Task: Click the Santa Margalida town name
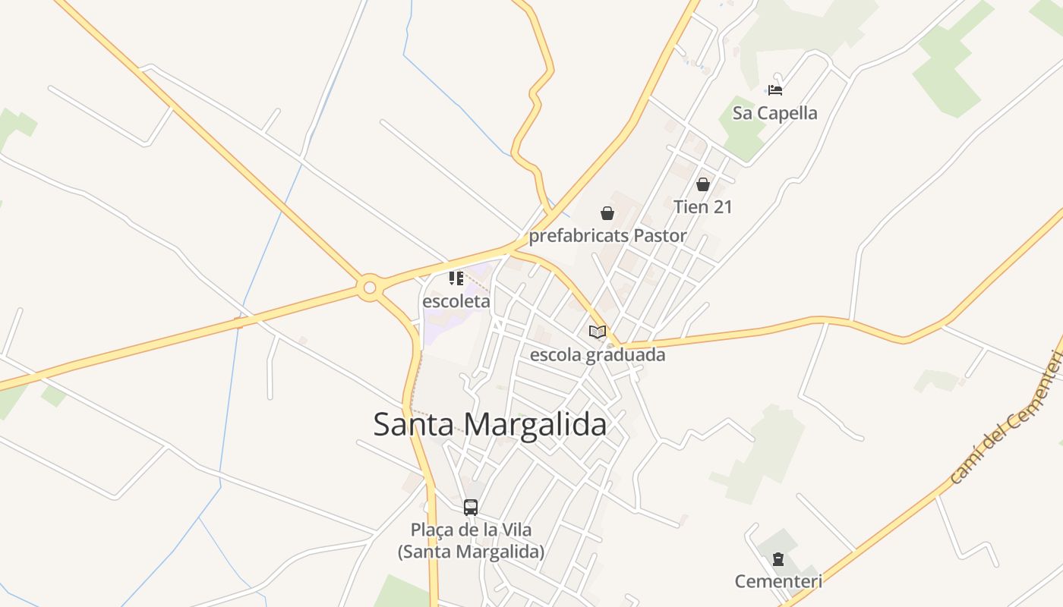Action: (490, 424)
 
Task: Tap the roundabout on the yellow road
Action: (370, 288)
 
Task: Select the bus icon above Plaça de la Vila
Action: (471, 507)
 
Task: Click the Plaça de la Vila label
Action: (471, 540)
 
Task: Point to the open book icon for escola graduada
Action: (598, 332)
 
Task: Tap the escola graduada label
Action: (598, 354)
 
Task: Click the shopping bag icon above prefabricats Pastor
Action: (607, 213)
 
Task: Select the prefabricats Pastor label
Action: (607, 236)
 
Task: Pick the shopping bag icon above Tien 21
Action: (703, 184)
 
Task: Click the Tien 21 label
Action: (703, 206)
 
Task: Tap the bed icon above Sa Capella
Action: (775, 90)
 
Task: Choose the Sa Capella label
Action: (775, 113)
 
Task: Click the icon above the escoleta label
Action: (456, 278)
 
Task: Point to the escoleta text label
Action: (456, 301)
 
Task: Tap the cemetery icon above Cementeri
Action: (778, 560)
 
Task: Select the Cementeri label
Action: (778, 582)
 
